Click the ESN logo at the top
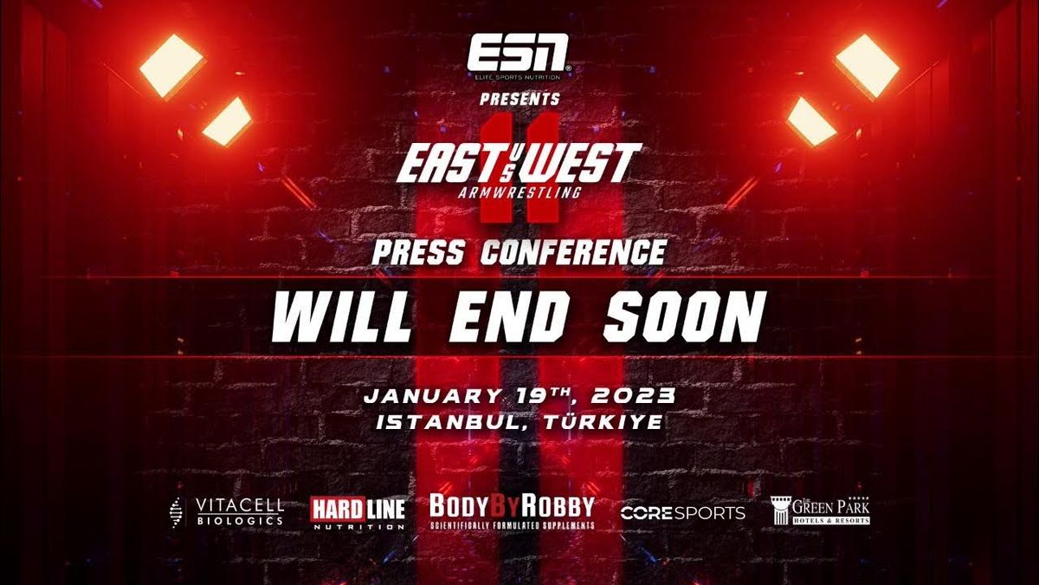point(519,55)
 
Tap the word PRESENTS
point(519,100)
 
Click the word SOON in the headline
point(681,317)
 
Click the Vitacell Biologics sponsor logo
point(227,512)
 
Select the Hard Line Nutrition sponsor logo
point(358,513)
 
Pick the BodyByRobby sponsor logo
point(512,511)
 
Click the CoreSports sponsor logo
point(682,513)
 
